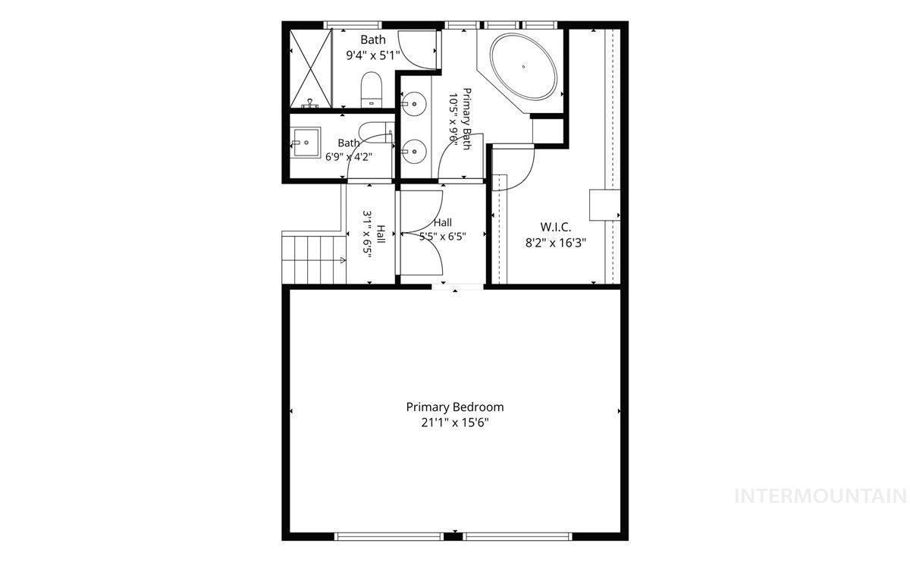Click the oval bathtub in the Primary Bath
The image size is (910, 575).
523,67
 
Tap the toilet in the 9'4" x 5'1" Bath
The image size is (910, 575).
372,90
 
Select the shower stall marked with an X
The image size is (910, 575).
311,68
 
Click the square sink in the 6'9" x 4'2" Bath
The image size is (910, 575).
306,142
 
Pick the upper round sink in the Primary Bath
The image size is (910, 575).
414,103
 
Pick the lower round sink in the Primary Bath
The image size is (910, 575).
414,152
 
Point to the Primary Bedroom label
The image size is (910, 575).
455,407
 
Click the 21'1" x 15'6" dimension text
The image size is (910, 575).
454,423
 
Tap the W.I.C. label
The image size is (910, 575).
555,226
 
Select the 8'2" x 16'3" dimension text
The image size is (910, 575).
556,243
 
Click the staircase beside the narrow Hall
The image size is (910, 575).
314,257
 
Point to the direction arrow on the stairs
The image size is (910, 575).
343,260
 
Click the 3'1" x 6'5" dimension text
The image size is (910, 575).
368,235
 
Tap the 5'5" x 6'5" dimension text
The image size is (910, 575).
442,237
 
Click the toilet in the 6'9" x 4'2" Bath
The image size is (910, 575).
376,132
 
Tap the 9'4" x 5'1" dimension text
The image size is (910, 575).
373,55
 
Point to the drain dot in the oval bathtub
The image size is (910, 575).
524,67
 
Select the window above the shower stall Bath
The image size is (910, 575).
353,25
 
